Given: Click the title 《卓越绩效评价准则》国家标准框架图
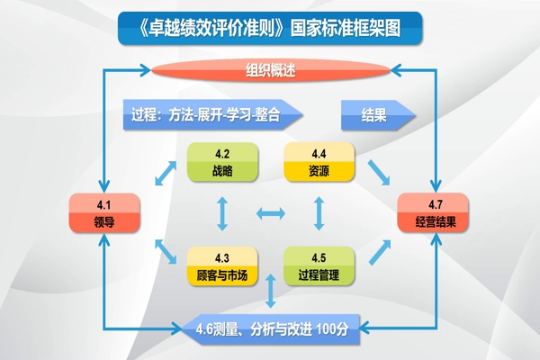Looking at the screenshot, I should (270, 29).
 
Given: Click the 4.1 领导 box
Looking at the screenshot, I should (103, 211).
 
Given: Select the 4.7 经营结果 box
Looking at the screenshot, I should (436, 211).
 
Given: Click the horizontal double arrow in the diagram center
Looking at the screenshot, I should (271, 213).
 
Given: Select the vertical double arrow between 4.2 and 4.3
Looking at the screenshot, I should (222, 213).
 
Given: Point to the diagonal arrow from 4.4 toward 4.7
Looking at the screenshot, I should (378, 171).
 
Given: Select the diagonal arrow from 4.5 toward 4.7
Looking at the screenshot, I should (378, 252).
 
